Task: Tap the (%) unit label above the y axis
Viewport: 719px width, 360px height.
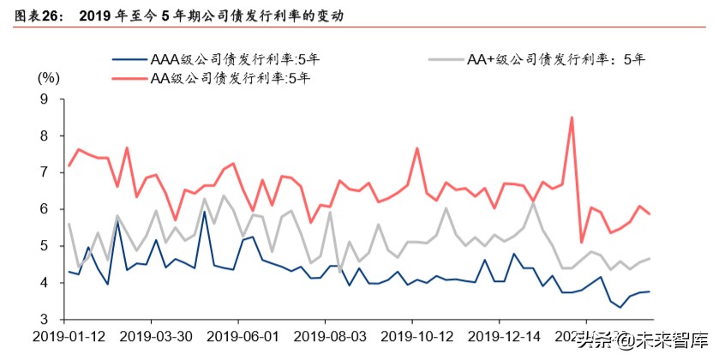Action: click(x=48, y=78)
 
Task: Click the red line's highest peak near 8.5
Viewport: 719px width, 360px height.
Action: click(x=572, y=117)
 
